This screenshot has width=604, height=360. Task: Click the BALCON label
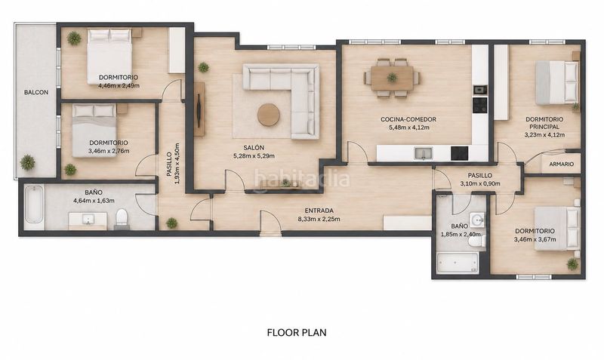tap(36, 92)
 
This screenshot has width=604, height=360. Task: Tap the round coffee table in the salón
tap(269, 115)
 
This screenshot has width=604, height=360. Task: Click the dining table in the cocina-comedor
tap(392, 78)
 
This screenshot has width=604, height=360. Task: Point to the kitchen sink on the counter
tap(424, 153)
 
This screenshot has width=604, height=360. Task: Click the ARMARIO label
tap(562, 164)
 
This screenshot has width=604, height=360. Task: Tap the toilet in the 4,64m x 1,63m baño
tap(122, 220)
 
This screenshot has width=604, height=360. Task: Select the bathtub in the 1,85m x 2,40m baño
tap(458, 263)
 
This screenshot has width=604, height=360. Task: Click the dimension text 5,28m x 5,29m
tap(254, 156)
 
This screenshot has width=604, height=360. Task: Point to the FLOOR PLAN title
tap(297, 332)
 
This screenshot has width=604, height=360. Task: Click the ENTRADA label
tap(319, 211)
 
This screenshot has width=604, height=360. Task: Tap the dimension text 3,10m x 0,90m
tap(480, 183)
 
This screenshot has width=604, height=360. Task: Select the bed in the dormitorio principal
tap(557, 83)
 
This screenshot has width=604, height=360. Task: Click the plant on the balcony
tap(27, 162)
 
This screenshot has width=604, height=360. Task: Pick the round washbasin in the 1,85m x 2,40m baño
tap(478, 220)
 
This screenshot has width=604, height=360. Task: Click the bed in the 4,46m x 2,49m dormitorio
tap(109, 57)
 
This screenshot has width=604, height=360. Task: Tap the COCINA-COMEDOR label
tap(408, 119)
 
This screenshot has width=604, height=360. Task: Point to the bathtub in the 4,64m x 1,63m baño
tap(34, 205)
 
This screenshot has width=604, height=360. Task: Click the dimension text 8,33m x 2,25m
tap(319, 220)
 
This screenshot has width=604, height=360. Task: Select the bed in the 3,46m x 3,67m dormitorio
tap(557, 229)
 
